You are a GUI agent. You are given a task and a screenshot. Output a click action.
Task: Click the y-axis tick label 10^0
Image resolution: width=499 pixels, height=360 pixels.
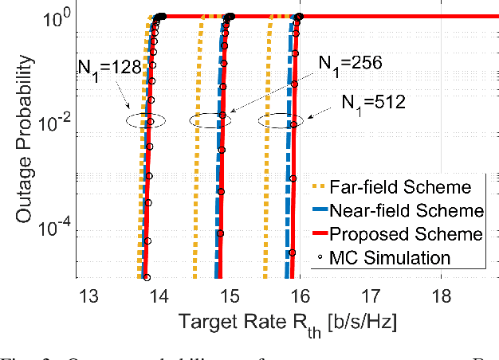tap(58, 16)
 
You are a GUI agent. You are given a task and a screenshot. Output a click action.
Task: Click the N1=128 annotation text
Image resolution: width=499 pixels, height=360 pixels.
tap(108, 67)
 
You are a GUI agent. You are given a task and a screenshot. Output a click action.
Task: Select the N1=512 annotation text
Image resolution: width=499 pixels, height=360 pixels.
tap(373, 102)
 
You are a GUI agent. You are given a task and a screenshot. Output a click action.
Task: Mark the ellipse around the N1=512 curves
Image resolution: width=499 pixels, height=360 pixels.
tap(281, 121)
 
